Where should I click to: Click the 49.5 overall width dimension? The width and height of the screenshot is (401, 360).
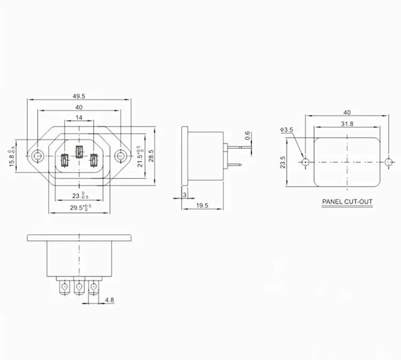[x=79, y=96]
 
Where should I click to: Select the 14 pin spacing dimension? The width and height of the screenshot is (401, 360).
[x=79, y=117]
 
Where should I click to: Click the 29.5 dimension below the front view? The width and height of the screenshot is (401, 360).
[x=78, y=207]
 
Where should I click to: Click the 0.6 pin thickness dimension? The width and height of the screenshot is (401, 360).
[x=247, y=136]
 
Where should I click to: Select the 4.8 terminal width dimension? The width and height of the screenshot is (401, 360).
[x=109, y=300]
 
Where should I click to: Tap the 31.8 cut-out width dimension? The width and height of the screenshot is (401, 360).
[x=347, y=123]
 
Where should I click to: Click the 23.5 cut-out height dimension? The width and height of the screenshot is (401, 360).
[x=283, y=161]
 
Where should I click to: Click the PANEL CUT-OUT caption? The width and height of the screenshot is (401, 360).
[x=347, y=202]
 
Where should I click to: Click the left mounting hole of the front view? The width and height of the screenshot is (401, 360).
[x=37, y=157]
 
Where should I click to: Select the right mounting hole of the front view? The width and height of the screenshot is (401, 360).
[x=121, y=157]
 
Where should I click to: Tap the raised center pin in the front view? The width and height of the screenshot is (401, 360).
[x=79, y=152]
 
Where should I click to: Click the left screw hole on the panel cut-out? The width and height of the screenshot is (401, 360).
[x=305, y=162]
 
